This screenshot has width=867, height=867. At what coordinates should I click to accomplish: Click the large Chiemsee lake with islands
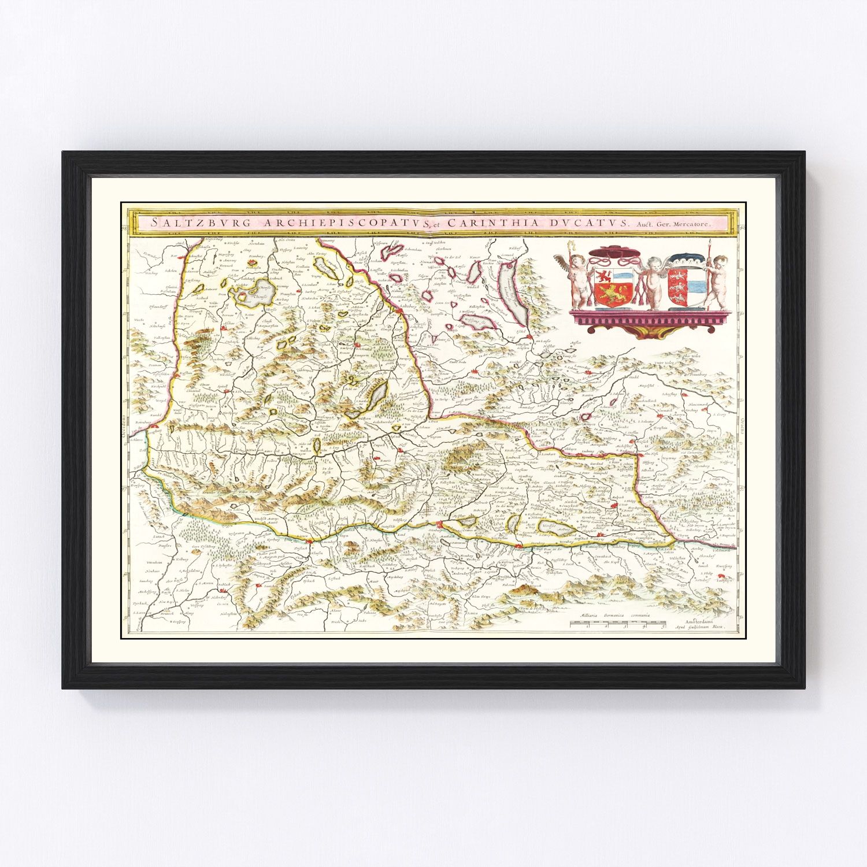253,293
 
